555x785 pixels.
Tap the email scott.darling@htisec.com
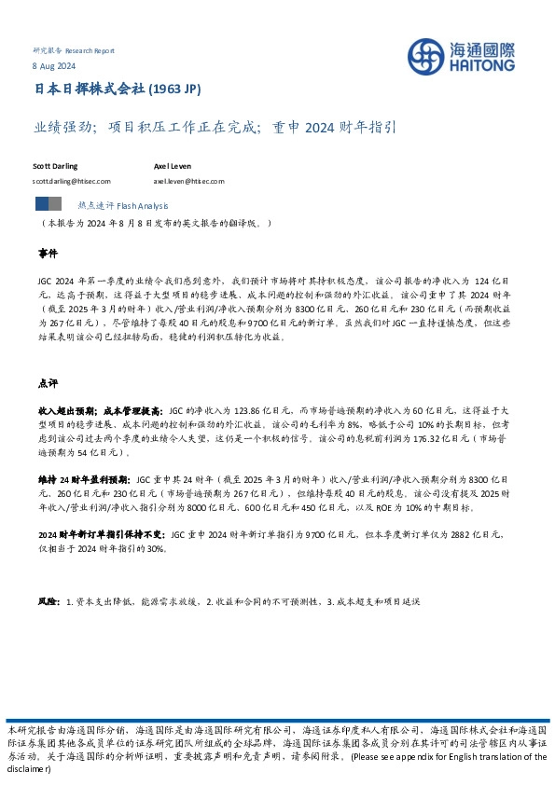coord(72,182)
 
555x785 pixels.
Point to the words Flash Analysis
coord(141,204)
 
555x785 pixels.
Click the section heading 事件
coord(48,254)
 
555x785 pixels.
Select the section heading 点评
coord(48,383)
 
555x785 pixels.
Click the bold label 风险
coord(48,602)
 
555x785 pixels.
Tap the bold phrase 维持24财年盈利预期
coord(85,475)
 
